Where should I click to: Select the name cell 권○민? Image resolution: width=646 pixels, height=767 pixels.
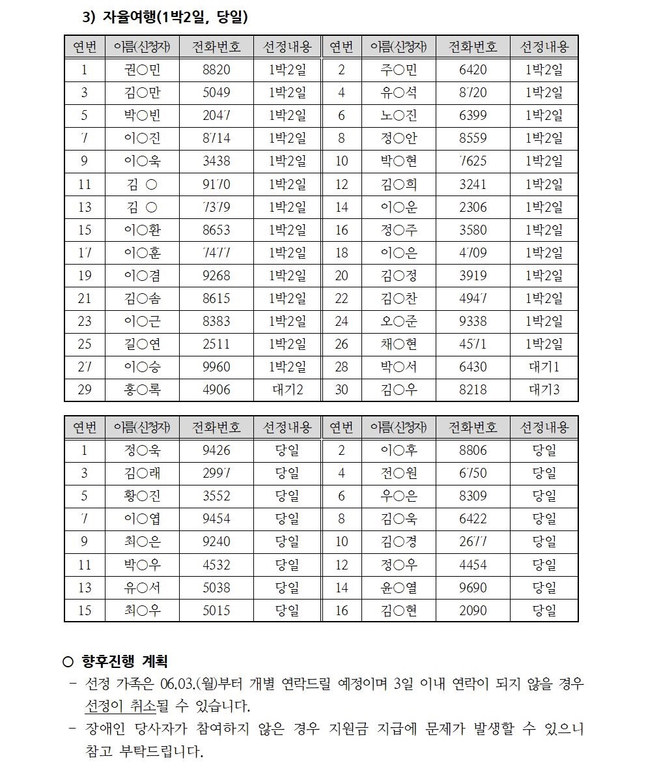[142, 70]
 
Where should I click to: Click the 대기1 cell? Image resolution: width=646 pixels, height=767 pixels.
[544, 367]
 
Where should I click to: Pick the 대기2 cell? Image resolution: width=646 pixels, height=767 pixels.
[287, 390]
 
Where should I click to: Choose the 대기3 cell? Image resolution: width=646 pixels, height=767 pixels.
[544, 390]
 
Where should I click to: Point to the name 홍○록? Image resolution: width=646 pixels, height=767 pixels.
[142, 390]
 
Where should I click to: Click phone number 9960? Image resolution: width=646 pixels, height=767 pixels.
[216, 367]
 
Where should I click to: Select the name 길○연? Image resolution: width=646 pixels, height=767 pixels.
[142, 344]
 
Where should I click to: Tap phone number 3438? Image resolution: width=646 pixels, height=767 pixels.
[216, 161]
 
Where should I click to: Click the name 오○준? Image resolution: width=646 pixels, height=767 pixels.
[399, 321]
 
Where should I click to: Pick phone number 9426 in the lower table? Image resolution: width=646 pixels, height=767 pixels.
[216, 450]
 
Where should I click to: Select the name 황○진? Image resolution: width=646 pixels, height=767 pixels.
[142, 496]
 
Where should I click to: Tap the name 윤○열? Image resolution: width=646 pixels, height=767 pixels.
[399, 588]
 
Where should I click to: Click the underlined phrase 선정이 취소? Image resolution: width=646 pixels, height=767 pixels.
[117, 707]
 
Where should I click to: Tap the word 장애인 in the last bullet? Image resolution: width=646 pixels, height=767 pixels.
[105, 729]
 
